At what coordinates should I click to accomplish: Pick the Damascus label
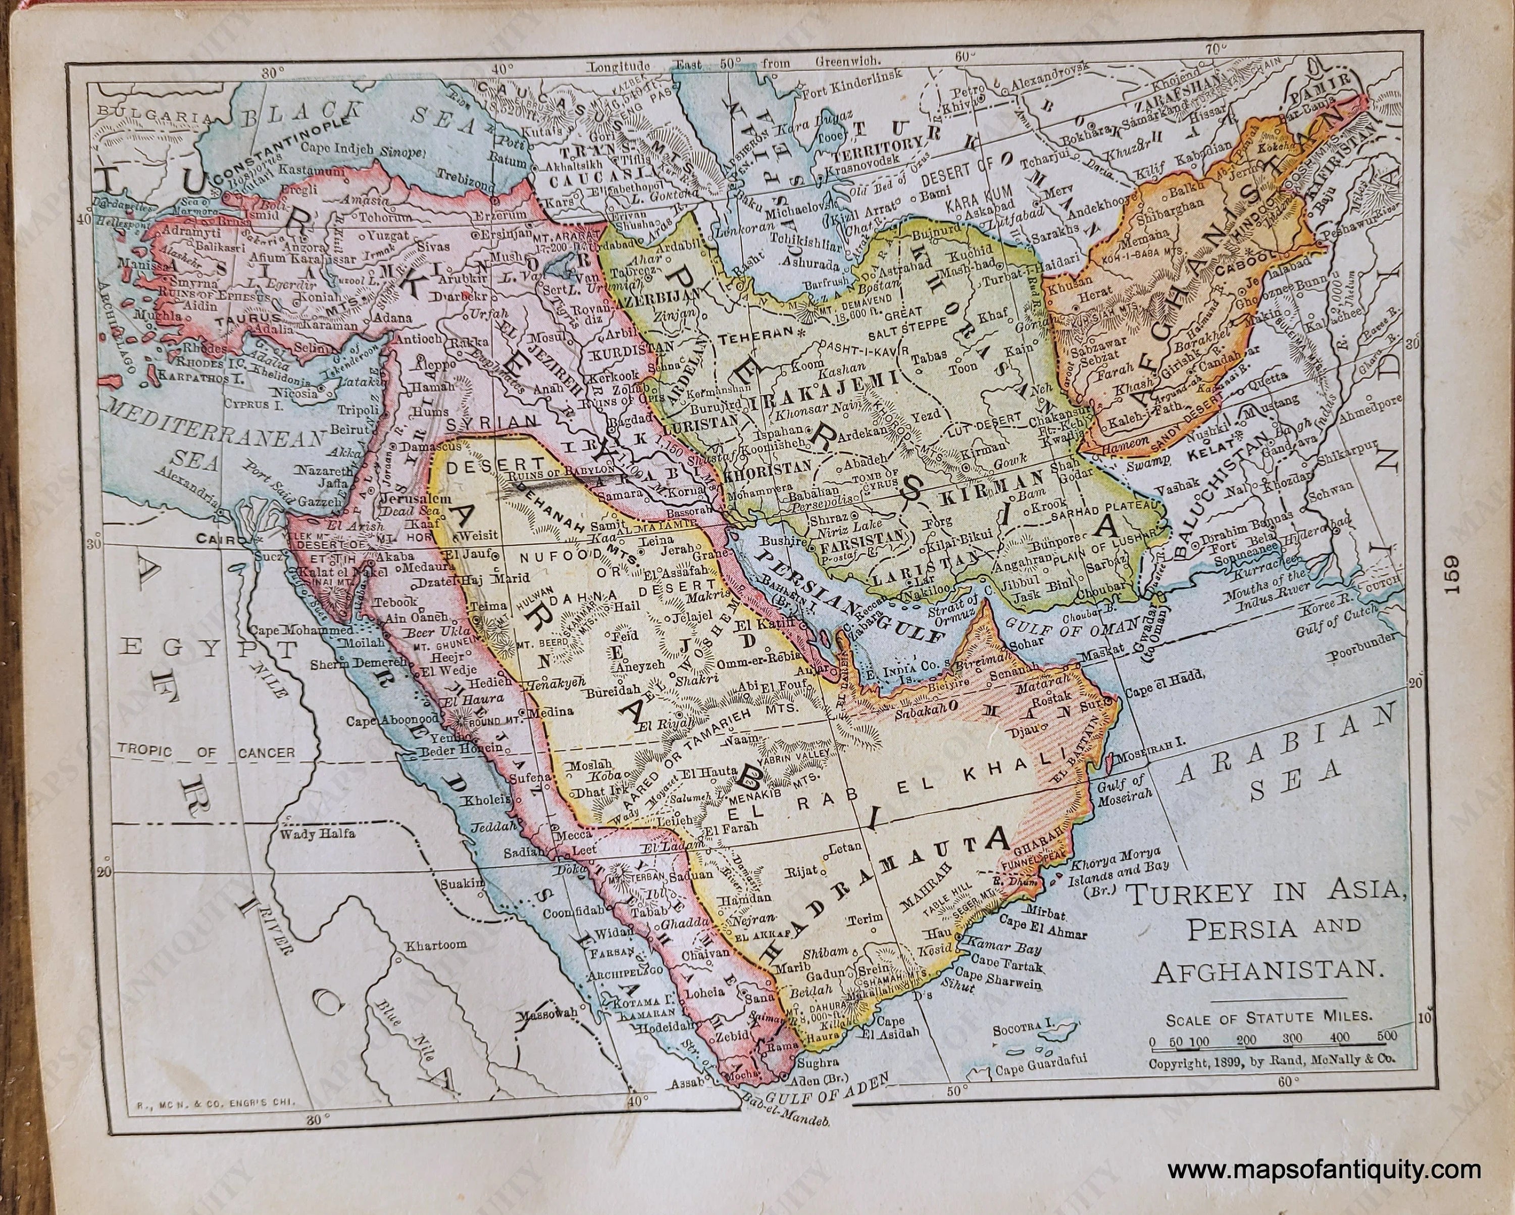(431, 446)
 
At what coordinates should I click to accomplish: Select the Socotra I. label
(1023, 1030)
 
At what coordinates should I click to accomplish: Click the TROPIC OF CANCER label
(206, 751)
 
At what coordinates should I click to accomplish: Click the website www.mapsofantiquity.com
(1324, 1171)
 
